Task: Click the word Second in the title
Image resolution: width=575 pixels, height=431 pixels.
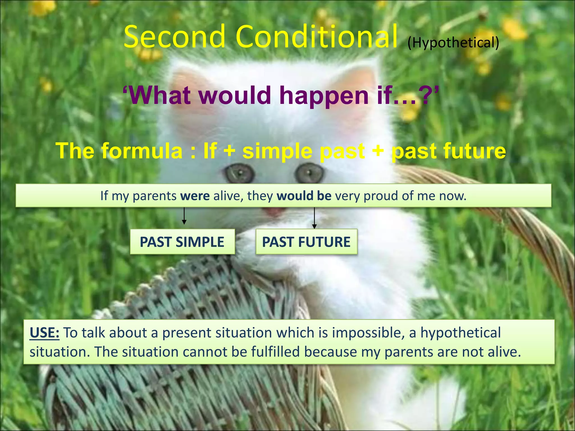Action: click(174, 37)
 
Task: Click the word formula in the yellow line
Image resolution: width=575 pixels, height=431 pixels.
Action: click(142, 151)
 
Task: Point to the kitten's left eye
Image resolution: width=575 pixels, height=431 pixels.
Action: click(239, 173)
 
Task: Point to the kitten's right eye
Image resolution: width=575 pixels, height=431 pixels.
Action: click(309, 173)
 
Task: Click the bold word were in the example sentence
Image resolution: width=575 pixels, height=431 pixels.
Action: click(195, 196)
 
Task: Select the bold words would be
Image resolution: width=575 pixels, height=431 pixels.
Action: click(304, 196)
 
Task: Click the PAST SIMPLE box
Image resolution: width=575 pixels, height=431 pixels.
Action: click(182, 242)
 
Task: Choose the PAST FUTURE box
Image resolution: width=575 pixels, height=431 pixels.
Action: click(306, 242)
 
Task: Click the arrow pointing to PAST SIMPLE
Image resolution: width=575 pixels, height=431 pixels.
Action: click(184, 216)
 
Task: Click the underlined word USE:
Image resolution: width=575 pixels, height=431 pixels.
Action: click(44, 333)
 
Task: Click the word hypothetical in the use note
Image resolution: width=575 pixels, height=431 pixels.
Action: click(460, 333)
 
